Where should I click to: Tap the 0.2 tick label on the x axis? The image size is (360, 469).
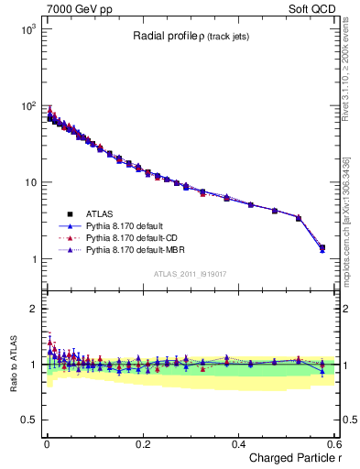click(x=142, y=443)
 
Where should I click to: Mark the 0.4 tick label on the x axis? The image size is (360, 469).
click(x=238, y=443)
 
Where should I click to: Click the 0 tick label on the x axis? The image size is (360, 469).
click(x=46, y=443)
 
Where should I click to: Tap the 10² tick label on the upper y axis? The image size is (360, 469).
click(x=28, y=106)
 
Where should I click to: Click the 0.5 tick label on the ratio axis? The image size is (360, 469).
click(x=27, y=420)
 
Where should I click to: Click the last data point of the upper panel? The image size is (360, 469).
click(x=322, y=247)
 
